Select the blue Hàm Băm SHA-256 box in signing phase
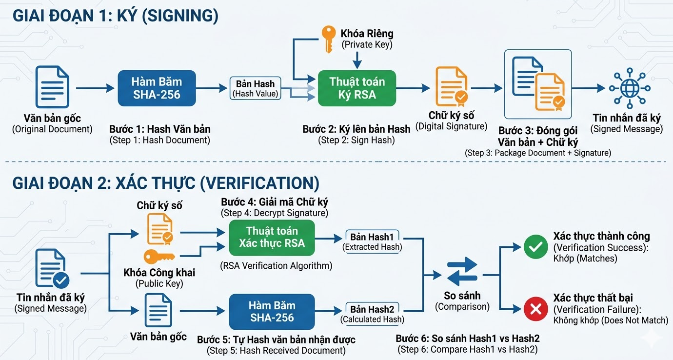157,88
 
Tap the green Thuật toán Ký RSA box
357,88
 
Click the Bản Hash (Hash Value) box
256,88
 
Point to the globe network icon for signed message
627,88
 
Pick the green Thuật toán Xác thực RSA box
272,237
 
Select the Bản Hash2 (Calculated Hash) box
372,314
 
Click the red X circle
535,309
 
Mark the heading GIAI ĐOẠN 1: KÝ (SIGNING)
116,16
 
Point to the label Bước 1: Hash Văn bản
160,129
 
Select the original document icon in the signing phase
52,87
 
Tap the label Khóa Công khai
159,273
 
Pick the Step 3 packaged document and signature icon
537,84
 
